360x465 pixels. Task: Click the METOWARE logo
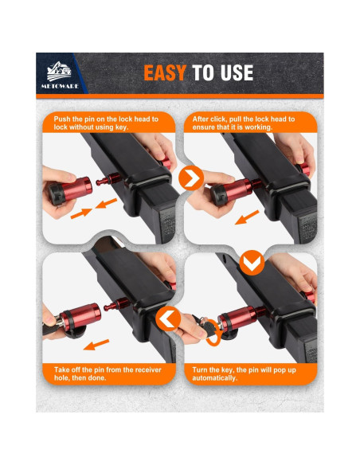(x=64, y=73)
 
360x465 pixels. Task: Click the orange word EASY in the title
(x=165, y=73)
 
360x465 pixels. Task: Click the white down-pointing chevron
(x=250, y=261)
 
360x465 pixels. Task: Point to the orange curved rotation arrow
(x=213, y=338)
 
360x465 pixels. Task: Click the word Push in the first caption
(x=54, y=119)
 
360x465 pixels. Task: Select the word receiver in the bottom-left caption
(x=129, y=369)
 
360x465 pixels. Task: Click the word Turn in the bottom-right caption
(x=202, y=369)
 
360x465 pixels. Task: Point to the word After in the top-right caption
(x=203, y=119)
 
